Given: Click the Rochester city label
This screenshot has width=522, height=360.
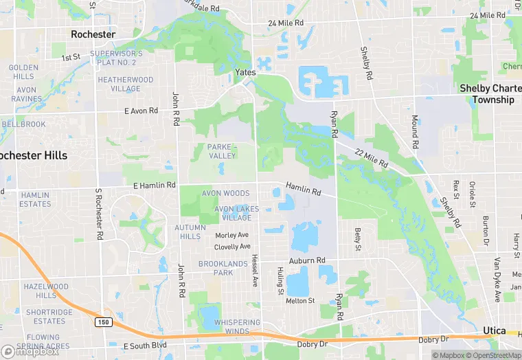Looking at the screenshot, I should (93, 34).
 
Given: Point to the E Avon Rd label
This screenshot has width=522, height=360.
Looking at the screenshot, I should (141, 111).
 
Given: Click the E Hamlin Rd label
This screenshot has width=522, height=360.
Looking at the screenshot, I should (150, 185).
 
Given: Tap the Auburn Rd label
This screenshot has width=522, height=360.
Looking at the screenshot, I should (306, 260).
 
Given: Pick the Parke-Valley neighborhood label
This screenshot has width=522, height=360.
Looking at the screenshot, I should (222, 151).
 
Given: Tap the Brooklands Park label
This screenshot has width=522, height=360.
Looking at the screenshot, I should (225, 268).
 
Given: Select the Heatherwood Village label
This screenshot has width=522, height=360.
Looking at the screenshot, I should (125, 85).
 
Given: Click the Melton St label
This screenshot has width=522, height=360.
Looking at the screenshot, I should (300, 300).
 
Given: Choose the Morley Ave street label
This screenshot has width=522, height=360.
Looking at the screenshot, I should (231, 235).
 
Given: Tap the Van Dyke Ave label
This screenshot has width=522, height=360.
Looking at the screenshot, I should (497, 280).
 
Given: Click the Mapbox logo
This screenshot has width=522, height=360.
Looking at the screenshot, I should (30, 351).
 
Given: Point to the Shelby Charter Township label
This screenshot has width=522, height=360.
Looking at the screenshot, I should (486, 93).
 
